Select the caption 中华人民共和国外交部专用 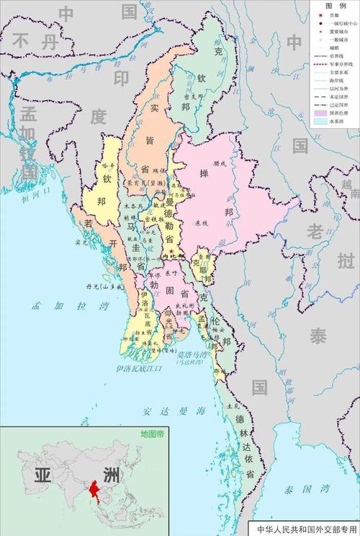(x=305, y=529)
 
